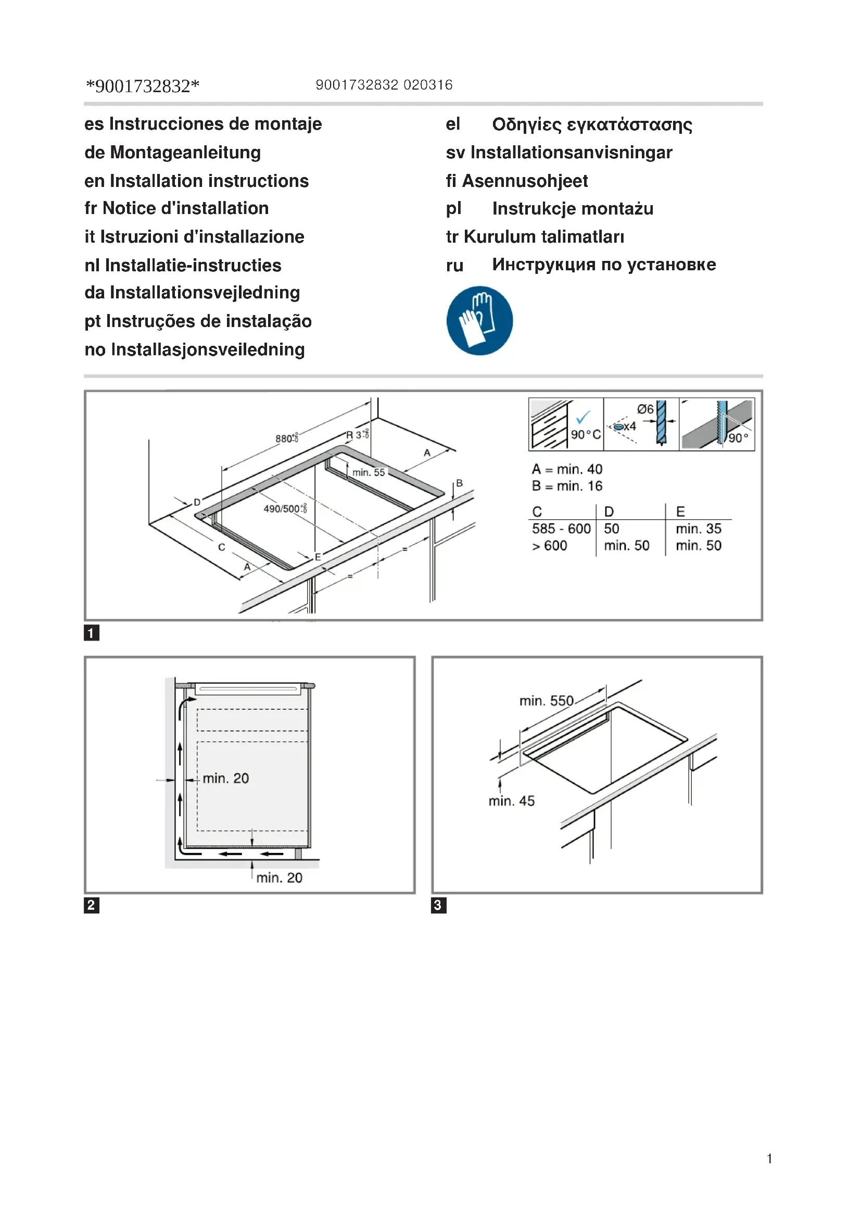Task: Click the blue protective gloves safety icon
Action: [479, 320]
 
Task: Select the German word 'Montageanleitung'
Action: [185, 153]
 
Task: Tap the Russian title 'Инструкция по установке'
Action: [603, 264]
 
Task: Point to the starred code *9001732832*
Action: [143, 86]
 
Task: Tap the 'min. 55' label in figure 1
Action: [369, 472]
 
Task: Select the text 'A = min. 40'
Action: [567, 469]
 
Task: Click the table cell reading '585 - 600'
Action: [561, 529]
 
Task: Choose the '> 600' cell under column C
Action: [549, 545]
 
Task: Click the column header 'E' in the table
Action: [680, 511]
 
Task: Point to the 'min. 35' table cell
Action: [698, 529]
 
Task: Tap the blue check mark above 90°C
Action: [583, 417]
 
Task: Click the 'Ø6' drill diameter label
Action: [644, 409]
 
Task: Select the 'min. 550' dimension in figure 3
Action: [546, 701]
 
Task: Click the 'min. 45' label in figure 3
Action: [511, 800]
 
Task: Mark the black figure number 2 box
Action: [91, 905]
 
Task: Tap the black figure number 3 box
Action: [438, 905]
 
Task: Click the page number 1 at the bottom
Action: [769, 1159]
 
